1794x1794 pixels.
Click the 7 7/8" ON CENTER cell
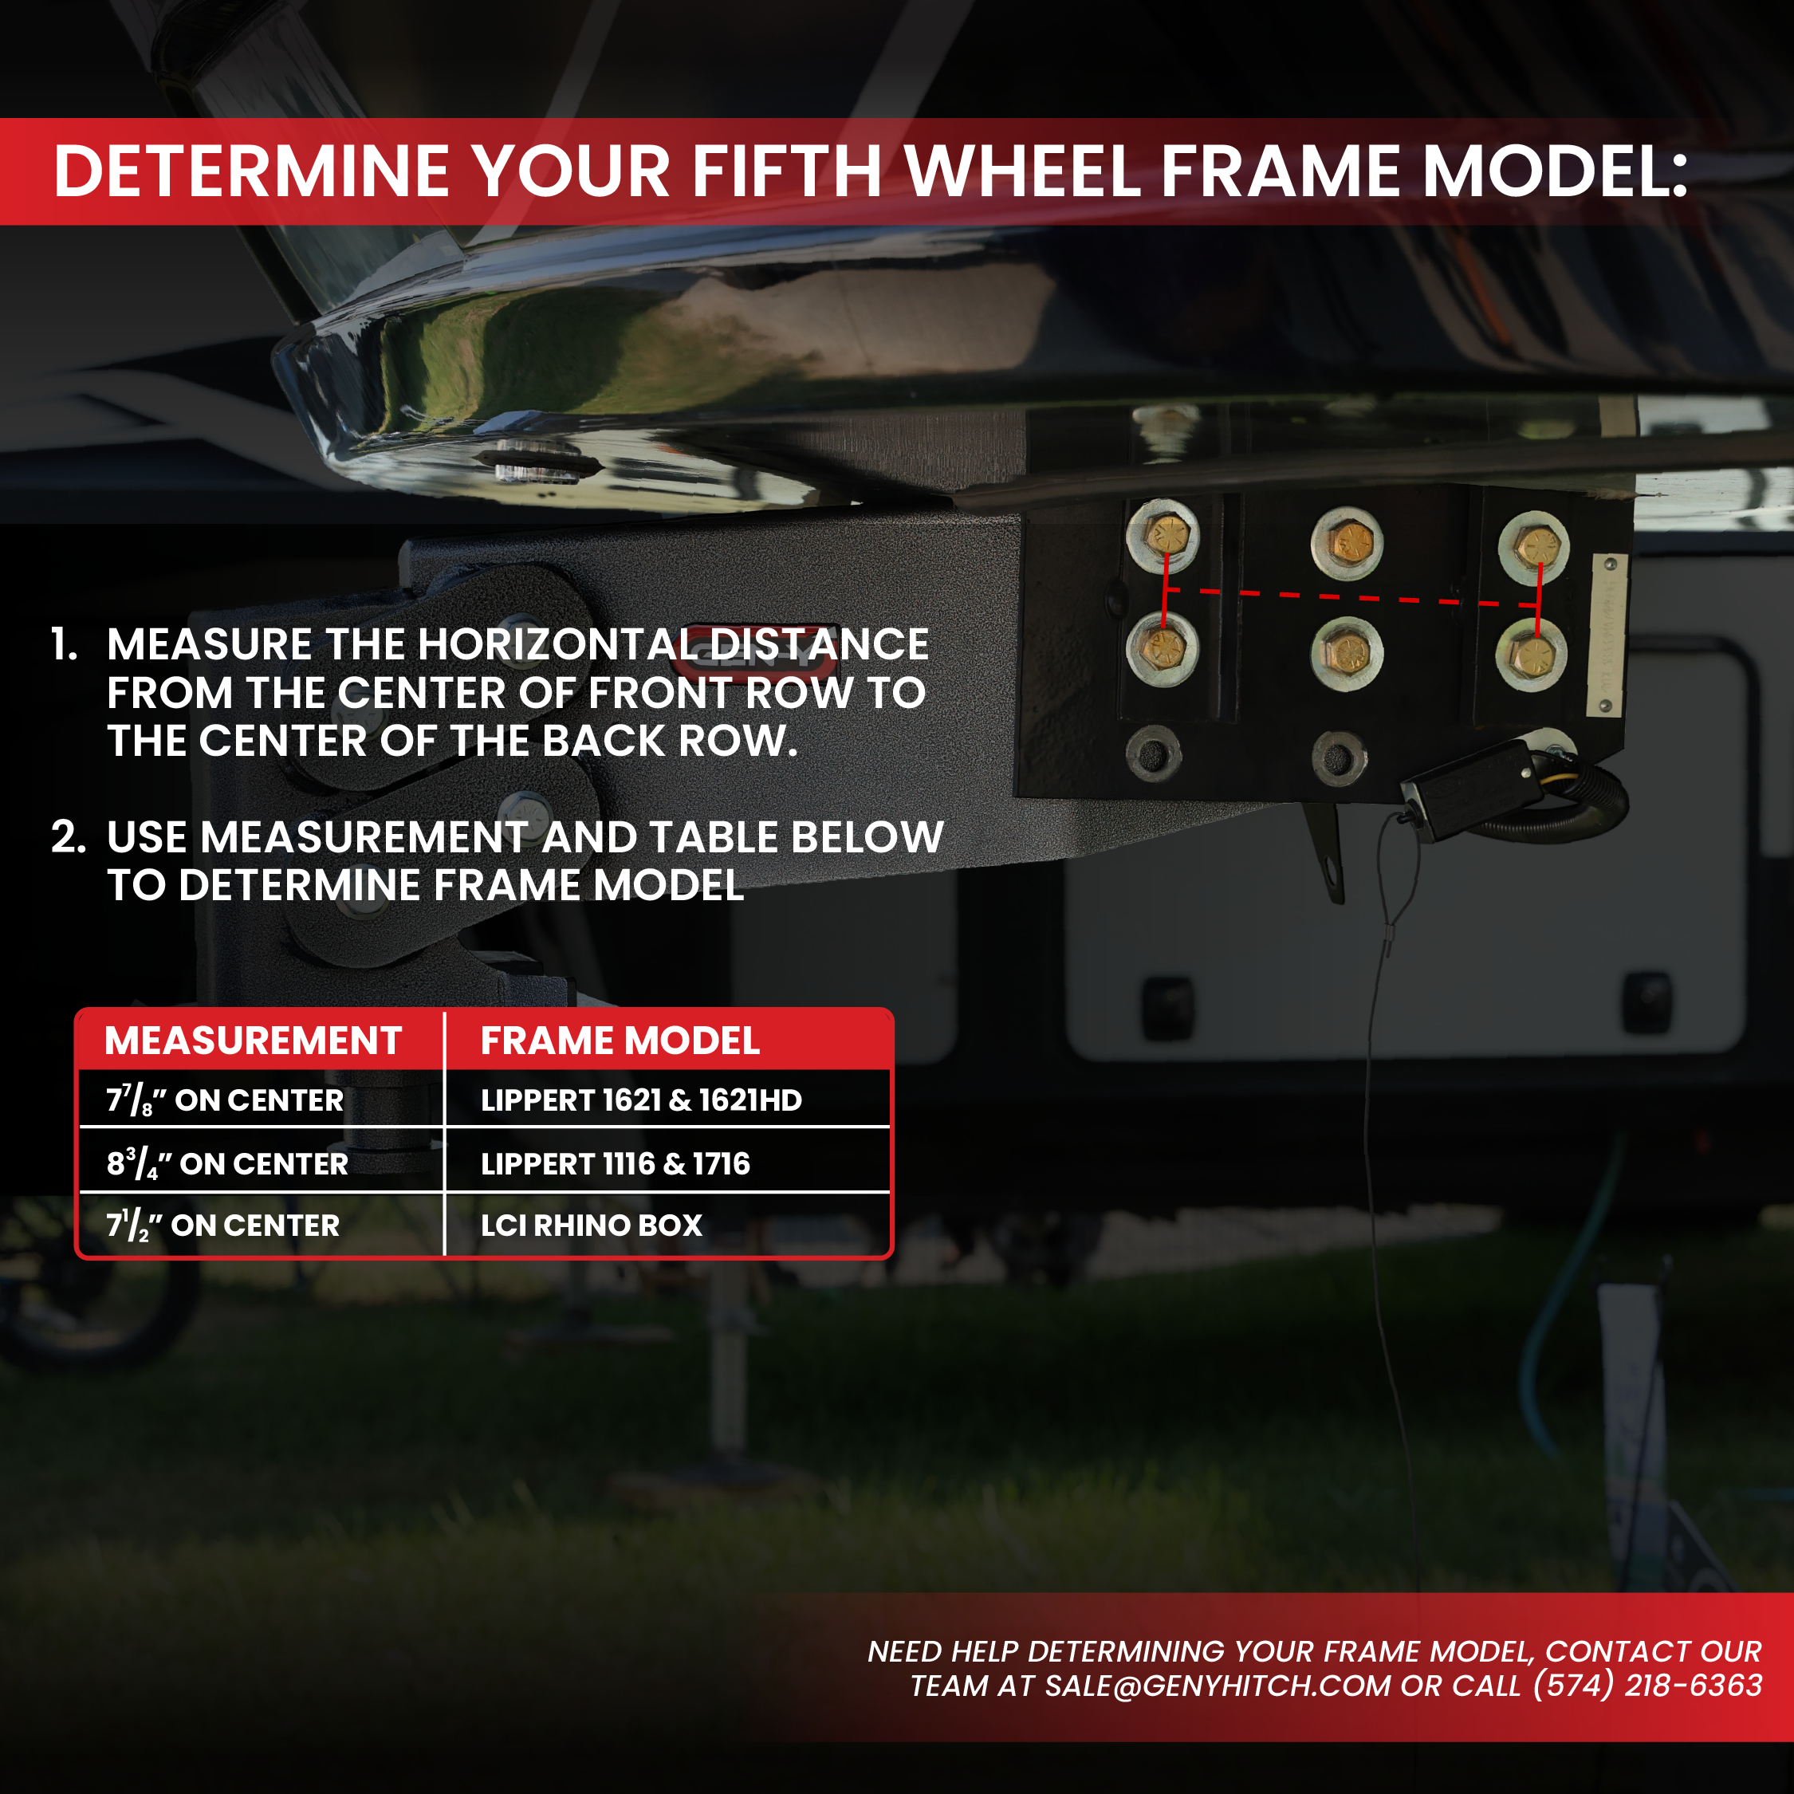[x=225, y=1100]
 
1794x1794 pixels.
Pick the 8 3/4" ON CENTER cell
[x=227, y=1163]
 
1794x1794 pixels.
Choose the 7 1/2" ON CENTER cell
[x=223, y=1226]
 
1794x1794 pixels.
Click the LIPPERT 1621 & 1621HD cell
[x=641, y=1100]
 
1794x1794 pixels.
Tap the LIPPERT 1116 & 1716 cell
[x=615, y=1163]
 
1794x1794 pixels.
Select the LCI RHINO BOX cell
[x=592, y=1226]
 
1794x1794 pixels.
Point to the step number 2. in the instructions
[x=68, y=837]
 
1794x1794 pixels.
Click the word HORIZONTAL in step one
[x=557, y=644]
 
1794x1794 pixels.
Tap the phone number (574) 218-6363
[x=1647, y=1686]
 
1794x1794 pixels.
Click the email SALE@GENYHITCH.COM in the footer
[x=1218, y=1686]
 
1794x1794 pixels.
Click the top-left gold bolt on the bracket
[x=1163, y=535]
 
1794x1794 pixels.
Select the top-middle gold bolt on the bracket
[x=1347, y=541]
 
